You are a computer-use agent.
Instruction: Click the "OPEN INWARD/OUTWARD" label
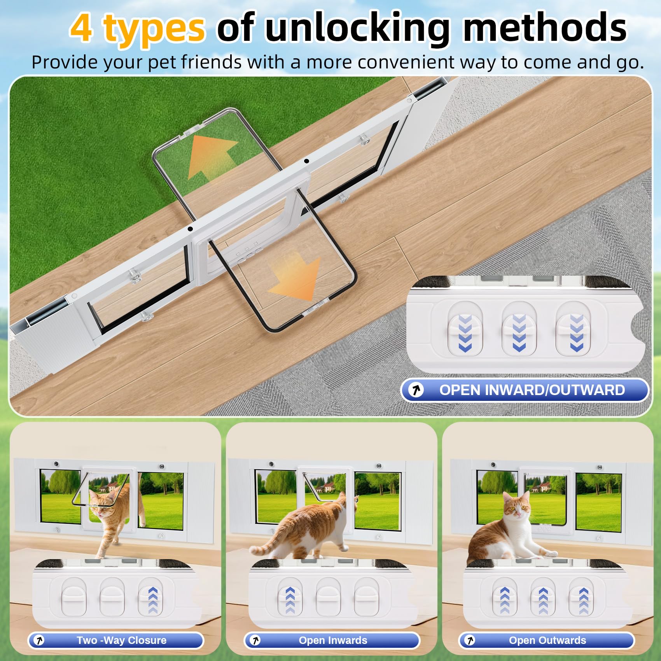point(532,390)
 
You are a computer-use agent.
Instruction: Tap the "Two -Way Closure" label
point(121,640)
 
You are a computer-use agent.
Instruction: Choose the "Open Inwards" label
point(333,640)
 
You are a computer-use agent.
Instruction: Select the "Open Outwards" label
point(547,640)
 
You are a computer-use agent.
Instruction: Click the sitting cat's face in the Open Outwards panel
point(516,507)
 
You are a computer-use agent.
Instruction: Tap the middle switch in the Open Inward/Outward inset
point(519,329)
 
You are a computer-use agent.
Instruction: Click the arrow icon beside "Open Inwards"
point(255,640)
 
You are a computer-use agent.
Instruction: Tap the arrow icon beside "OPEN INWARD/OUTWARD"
point(417,390)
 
